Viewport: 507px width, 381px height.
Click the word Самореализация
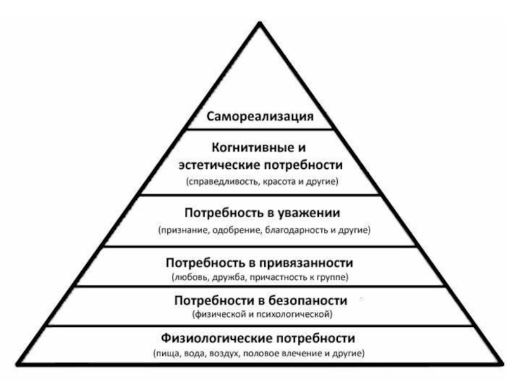pos(260,117)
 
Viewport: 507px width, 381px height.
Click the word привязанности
pos(311,262)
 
